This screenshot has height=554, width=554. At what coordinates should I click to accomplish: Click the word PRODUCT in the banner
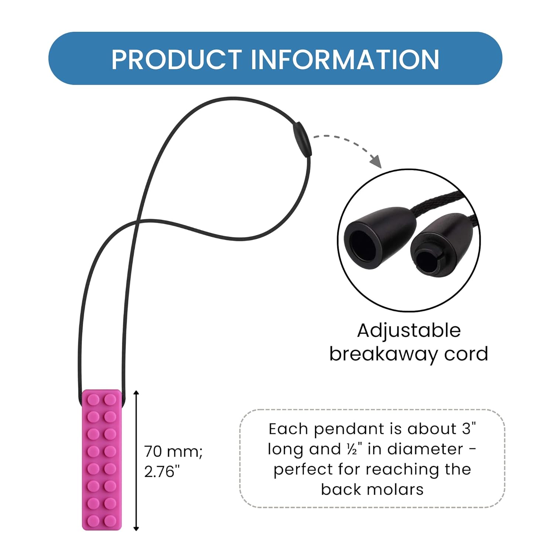pyautogui.click(x=176, y=59)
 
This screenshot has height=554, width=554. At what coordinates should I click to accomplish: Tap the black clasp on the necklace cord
pyautogui.click(x=302, y=140)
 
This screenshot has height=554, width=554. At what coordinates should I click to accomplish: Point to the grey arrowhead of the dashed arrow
pyautogui.click(x=376, y=162)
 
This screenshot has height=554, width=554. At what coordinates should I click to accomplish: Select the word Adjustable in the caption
pyautogui.click(x=409, y=330)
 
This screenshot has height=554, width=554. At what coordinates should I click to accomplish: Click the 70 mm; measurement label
pyautogui.click(x=173, y=451)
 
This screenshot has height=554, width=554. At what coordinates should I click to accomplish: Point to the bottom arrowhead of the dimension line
pyautogui.click(x=136, y=528)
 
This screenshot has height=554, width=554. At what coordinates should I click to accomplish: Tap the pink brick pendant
pyautogui.click(x=102, y=460)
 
